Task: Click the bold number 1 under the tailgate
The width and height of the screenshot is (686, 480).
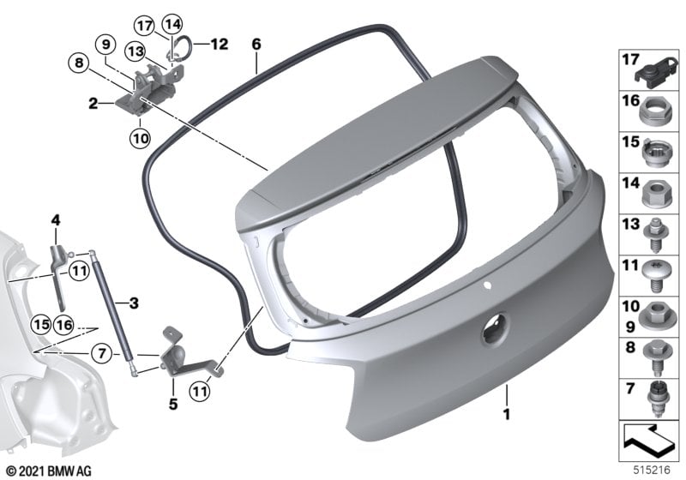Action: point(507,413)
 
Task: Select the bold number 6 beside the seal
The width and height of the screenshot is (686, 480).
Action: point(256,45)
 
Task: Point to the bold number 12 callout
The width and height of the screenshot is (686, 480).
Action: point(220,45)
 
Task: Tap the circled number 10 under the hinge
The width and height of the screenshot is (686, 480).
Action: point(140,139)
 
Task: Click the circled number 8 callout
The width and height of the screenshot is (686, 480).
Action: point(79,63)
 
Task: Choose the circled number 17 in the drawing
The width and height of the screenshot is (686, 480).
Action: point(144,26)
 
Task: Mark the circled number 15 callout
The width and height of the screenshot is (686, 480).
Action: point(41,325)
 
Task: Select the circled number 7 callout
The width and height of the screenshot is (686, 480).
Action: point(102,353)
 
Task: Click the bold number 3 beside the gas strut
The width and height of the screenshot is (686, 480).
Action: point(134,303)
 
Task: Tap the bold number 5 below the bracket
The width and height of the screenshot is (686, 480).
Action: point(173,405)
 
